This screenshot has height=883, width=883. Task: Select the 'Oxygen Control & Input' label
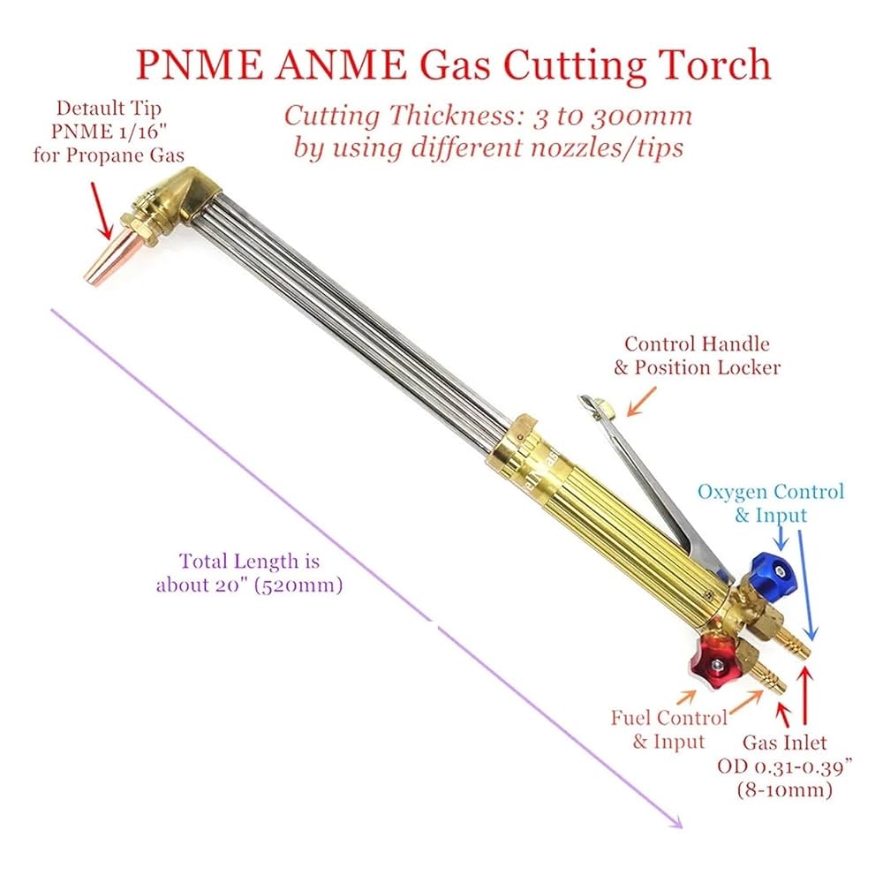pos(771,502)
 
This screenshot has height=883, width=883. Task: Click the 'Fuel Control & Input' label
pos(668,728)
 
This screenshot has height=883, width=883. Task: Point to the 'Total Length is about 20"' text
pos(250,572)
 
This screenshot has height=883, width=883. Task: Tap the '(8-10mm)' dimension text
pos(784,789)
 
